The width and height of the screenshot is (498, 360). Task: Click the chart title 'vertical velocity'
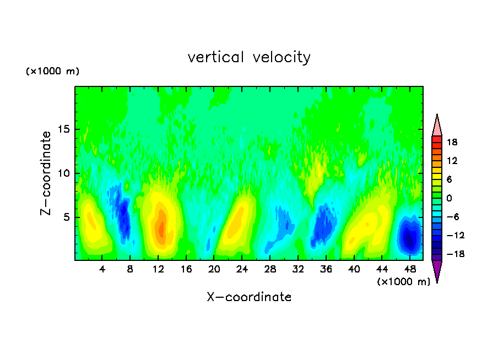click(249, 57)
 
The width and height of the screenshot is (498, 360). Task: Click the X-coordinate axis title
click(249, 297)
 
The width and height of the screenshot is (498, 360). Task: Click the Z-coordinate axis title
click(47, 173)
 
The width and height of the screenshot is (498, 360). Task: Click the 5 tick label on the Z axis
click(65, 217)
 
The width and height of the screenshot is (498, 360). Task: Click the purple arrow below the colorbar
click(437, 271)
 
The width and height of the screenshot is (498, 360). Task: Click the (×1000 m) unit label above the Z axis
click(53, 72)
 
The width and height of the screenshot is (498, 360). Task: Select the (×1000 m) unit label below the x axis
click(404, 282)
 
